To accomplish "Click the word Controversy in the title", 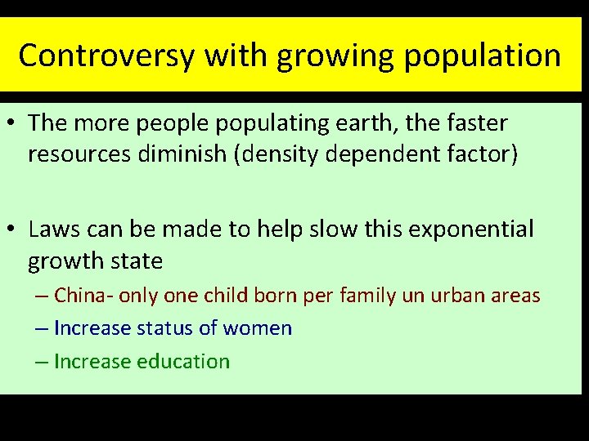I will coord(106,56).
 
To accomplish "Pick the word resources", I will coord(76,154).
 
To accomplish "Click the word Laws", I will coord(56,229).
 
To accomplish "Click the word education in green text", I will coord(182,361).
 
